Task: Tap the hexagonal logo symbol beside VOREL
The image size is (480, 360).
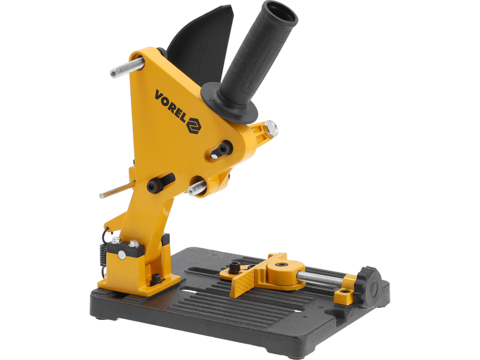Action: (x=194, y=125)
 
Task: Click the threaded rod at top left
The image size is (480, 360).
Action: (x=127, y=68)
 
